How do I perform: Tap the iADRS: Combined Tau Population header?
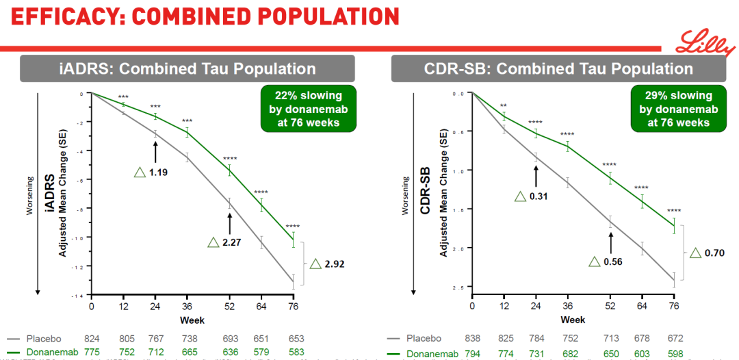click(187, 68)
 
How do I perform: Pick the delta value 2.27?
click(231, 242)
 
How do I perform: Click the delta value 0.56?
click(612, 261)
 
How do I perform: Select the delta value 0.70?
click(712, 253)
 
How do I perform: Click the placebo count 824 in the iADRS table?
click(92, 339)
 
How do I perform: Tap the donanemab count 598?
click(675, 352)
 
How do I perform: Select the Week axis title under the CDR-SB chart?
click(573, 320)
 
